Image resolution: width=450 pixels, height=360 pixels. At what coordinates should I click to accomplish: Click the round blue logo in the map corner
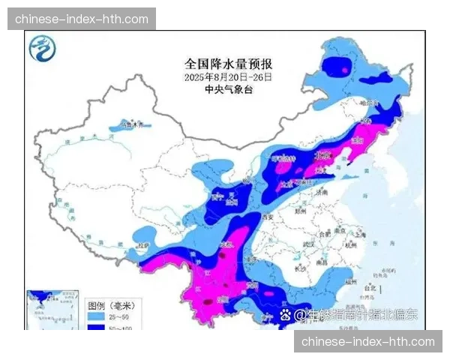pyautogui.click(x=43, y=50)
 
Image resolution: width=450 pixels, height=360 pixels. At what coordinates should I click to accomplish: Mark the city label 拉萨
pyautogui.click(x=144, y=245)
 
